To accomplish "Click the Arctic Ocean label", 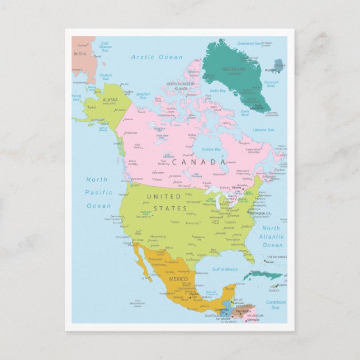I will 157,57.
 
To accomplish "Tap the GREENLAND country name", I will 234,69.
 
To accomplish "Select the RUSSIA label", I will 80,54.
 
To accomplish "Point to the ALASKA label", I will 110,100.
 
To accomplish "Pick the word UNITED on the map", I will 163,197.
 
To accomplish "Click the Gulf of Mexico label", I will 225,269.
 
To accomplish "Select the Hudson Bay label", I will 211,149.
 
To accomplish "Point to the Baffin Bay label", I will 217,91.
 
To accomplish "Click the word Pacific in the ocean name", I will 98,193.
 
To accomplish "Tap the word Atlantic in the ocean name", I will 272,236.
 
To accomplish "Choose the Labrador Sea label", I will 263,130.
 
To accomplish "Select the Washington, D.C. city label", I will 260,214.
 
